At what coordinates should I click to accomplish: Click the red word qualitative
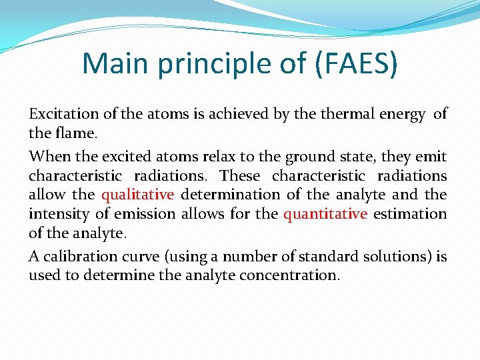tap(137, 195)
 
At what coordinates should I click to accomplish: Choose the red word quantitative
tap(325, 214)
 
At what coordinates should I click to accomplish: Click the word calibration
tap(73, 257)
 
